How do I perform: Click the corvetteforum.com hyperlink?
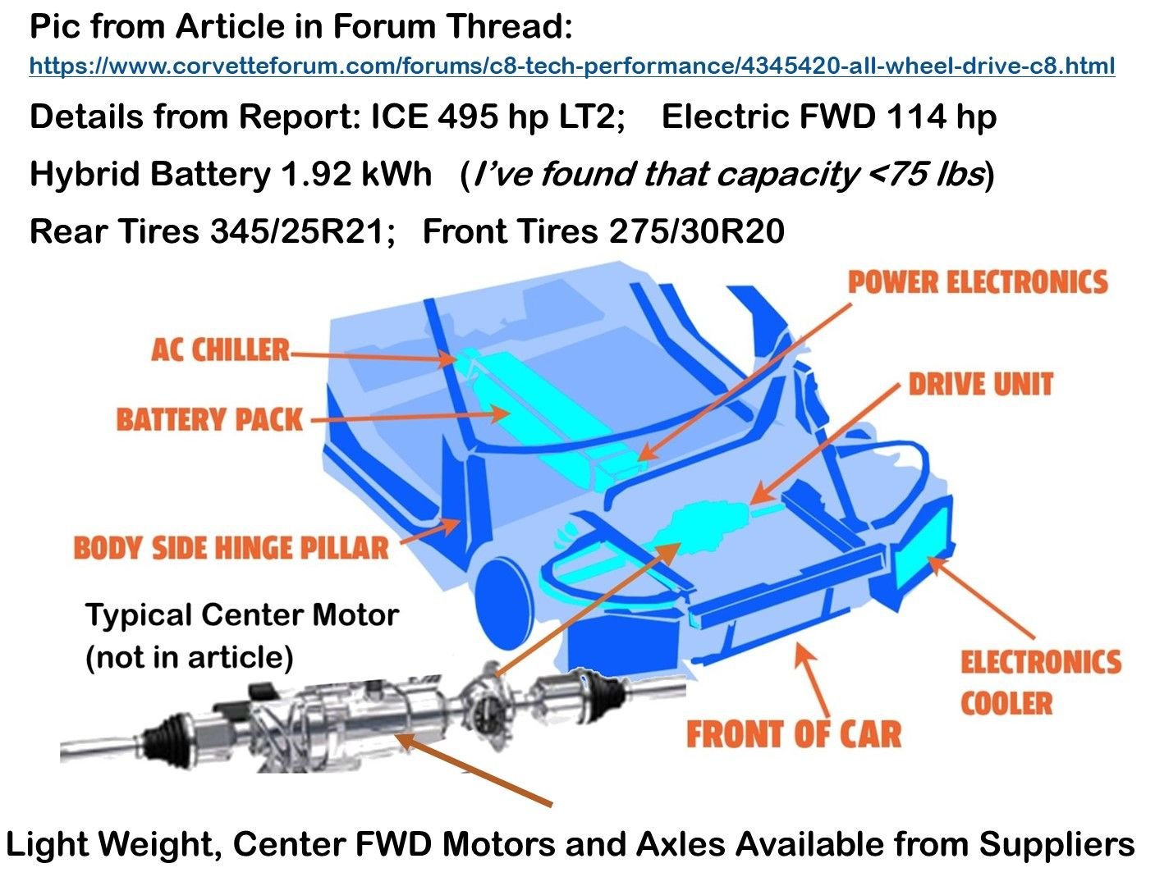(571, 66)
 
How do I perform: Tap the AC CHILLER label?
(220, 350)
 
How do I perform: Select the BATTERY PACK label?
(209, 419)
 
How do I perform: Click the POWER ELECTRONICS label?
(978, 283)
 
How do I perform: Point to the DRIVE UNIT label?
(980, 384)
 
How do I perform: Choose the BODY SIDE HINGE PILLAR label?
(231, 548)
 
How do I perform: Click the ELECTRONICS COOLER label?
(1039, 683)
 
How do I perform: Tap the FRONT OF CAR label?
(793, 733)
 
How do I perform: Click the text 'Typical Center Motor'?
(241, 614)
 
